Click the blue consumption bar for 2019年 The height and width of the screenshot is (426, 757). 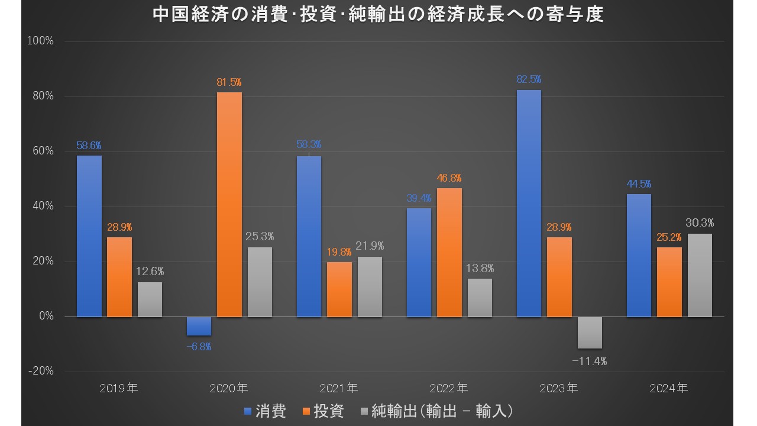89,236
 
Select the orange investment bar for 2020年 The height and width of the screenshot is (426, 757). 229,204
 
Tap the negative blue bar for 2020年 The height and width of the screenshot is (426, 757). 199,326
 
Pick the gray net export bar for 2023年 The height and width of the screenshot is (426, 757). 590,333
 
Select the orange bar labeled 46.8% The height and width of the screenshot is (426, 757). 449,252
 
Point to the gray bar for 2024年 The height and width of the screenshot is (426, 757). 700,275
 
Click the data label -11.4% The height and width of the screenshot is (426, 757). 590,360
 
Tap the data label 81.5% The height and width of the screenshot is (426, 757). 229,82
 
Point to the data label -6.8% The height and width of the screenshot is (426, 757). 199,347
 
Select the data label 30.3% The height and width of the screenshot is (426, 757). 700,223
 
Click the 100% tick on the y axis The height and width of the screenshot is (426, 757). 41,41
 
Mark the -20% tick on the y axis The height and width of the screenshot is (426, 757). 41,372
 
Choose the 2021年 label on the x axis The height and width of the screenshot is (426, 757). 339,389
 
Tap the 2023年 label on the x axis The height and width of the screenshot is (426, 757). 559,389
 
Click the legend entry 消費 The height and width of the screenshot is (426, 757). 266,411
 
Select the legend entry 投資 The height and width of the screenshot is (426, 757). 323,411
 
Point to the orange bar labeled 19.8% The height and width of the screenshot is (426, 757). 339,289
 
